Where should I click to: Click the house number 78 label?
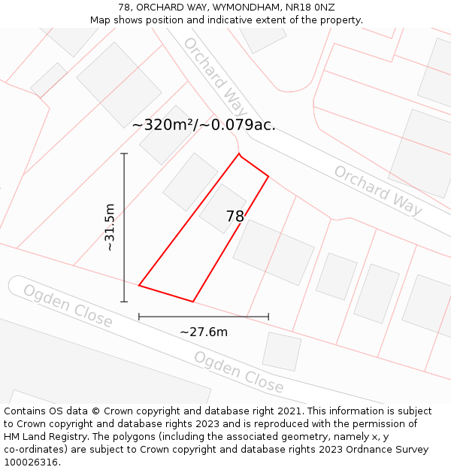click(235, 217)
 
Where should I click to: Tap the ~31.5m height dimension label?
click(110, 227)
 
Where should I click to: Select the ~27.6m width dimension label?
click(204, 332)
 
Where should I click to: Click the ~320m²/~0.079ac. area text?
click(204, 125)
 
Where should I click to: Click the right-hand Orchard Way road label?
click(378, 190)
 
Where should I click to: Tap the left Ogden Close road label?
click(67, 306)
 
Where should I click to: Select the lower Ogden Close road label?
click(239, 372)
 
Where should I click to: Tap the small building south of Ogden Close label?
click(282, 351)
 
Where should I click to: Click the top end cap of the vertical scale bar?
click(124, 153)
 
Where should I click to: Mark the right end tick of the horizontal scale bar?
click(268, 317)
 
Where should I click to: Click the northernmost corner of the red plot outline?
click(239, 154)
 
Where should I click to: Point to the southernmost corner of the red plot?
click(193, 302)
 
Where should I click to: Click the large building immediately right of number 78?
click(274, 252)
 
